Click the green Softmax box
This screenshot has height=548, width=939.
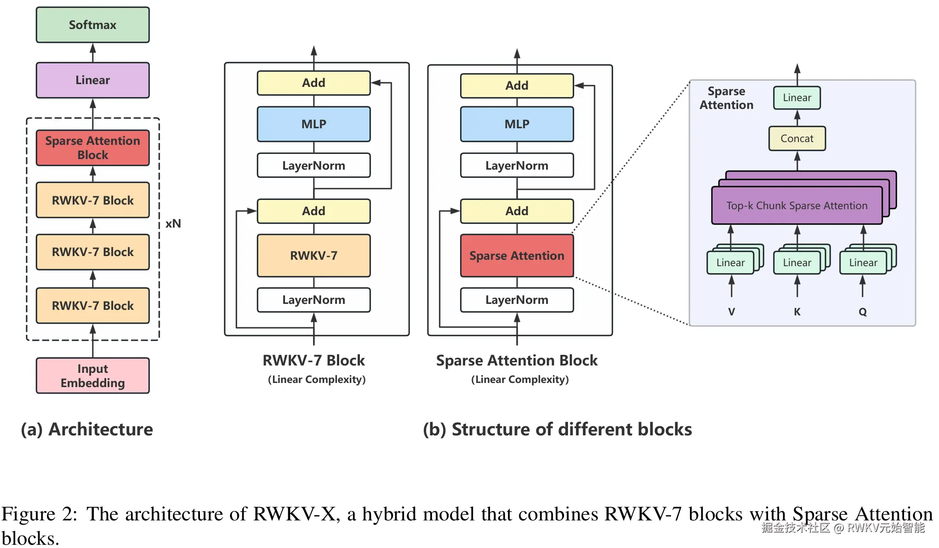tap(92, 25)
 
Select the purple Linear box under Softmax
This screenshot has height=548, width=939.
tap(92, 80)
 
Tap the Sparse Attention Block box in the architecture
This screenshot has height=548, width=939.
tap(92, 148)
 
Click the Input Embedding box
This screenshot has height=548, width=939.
tap(92, 376)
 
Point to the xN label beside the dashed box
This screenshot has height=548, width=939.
tap(173, 224)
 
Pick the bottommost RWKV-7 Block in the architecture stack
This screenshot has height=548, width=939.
tap(92, 306)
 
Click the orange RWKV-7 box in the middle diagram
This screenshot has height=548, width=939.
tap(313, 256)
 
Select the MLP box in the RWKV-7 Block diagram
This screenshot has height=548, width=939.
tap(313, 124)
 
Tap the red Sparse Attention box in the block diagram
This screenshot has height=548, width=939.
tap(517, 256)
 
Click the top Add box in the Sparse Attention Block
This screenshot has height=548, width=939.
tap(517, 86)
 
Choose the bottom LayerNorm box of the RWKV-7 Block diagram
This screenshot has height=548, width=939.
tap(313, 300)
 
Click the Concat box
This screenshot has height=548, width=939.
tap(797, 138)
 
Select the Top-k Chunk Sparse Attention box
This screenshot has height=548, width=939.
tap(797, 205)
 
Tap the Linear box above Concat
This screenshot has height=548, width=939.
tap(797, 97)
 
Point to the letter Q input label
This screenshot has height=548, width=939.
tap(862, 312)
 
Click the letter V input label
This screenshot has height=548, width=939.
tap(731, 312)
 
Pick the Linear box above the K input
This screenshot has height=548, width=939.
tap(797, 263)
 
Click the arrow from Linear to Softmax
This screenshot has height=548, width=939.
tap(92, 52)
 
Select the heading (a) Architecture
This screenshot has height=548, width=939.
tap(87, 429)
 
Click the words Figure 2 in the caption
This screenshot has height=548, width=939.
tap(39, 514)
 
